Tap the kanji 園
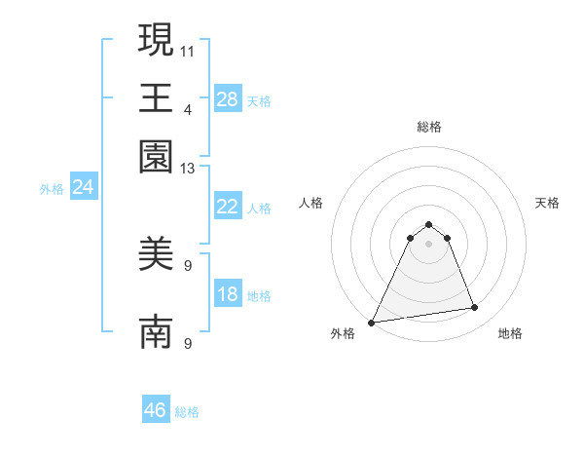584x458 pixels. tap(156, 157)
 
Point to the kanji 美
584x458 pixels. tap(156, 256)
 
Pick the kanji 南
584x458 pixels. tap(156, 331)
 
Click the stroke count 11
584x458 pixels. tap(188, 49)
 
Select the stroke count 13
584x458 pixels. tap(188, 169)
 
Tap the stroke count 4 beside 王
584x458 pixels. tap(188, 109)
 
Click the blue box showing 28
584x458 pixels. tap(227, 99)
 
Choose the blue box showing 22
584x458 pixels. tap(227, 207)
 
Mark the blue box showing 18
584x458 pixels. tap(227, 294)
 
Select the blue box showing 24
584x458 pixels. tap(83, 187)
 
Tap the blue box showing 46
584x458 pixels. tap(156, 410)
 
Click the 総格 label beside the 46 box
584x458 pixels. tap(187, 412)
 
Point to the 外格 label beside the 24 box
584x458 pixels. tap(52, 189)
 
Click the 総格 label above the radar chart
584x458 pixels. tap(428, 127)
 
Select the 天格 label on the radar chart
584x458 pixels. tap(547, 203)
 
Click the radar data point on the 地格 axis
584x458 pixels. tap(474, 308)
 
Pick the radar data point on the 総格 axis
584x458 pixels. tap(428, 225)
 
